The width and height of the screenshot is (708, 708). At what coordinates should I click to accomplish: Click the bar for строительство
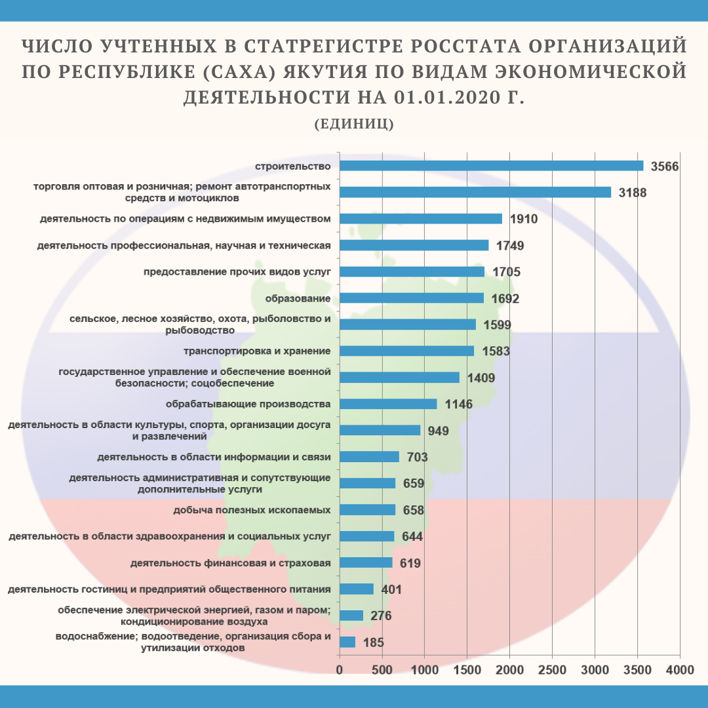(491, 166)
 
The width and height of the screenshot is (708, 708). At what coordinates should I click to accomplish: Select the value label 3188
(633, 193)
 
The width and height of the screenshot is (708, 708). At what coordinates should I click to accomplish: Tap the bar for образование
(412, 298)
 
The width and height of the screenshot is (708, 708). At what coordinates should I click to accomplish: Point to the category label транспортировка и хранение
(257, 351)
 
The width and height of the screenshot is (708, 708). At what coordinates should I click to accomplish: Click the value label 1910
(524, 219)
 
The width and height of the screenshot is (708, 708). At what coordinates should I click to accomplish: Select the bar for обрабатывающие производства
(388, 404)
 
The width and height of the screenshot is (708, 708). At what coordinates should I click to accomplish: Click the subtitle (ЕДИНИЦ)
(354, 124)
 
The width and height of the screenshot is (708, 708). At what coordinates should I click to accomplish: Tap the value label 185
(373, 642)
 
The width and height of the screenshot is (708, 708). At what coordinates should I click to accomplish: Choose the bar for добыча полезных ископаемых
(367, 510)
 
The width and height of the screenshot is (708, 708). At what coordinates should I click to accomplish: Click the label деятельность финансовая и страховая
(230, 562)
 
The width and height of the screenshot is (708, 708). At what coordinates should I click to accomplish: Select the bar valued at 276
(351, 616)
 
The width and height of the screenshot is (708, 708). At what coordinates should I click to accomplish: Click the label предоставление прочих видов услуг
(237, 271)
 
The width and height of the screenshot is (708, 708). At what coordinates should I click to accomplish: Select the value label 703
(417, 457)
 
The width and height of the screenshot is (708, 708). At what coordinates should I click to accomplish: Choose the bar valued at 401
(357, 589)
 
